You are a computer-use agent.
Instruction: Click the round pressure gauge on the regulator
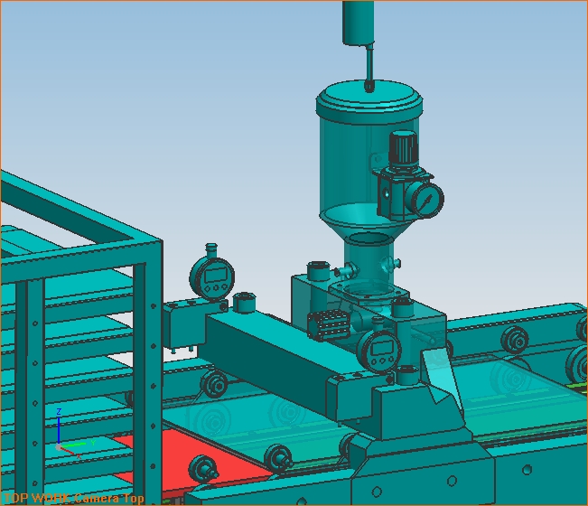pyautogui.click(x=426, y=199)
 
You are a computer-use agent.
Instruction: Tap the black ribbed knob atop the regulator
pyautogui.click(x=403, y=145)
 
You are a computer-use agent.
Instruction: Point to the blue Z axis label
pyautogui.click(x=59, y=412)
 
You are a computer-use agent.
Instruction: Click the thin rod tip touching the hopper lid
pyautogui.click(x=370, y=86)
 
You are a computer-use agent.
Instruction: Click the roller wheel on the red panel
pyautogui.click(x=203, y=469)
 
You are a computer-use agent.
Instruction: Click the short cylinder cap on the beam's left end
pyautogui.click(x=243, y=301)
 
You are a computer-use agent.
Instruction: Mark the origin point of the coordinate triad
pyautogui.click(x=60, y=446)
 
